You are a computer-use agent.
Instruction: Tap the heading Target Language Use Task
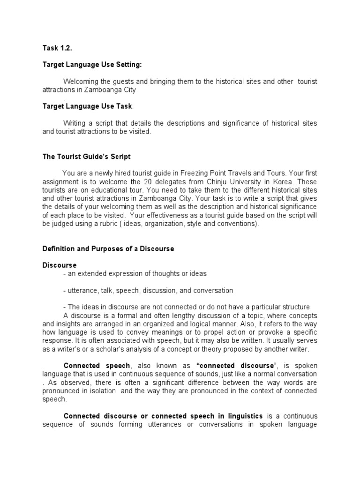coord(87,106)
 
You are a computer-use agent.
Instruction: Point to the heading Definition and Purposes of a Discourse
coord(108,249)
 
